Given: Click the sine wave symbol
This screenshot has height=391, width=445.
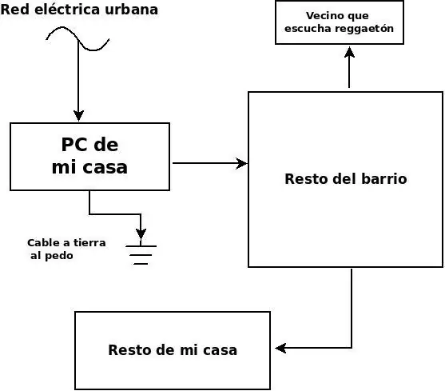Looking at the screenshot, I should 77,38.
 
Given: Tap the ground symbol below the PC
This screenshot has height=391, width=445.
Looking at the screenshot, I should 141,252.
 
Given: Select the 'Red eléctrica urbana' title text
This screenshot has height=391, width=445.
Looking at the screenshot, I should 79,10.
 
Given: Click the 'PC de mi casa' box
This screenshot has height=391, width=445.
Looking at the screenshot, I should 89,157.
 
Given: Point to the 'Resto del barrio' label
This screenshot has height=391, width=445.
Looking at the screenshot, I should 345,179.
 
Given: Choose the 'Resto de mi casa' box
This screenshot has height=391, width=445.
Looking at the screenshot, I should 173,349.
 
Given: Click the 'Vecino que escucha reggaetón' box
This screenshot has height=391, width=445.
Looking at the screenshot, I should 339,22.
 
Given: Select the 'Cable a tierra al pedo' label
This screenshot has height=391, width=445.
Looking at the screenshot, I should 66,249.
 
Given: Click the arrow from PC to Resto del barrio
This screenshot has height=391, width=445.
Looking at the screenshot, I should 209,163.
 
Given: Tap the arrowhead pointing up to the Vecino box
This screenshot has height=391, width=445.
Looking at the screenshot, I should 349,51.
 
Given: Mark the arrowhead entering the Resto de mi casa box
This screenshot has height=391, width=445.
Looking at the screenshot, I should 280,348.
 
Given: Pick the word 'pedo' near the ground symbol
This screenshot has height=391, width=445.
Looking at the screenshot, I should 59,256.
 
